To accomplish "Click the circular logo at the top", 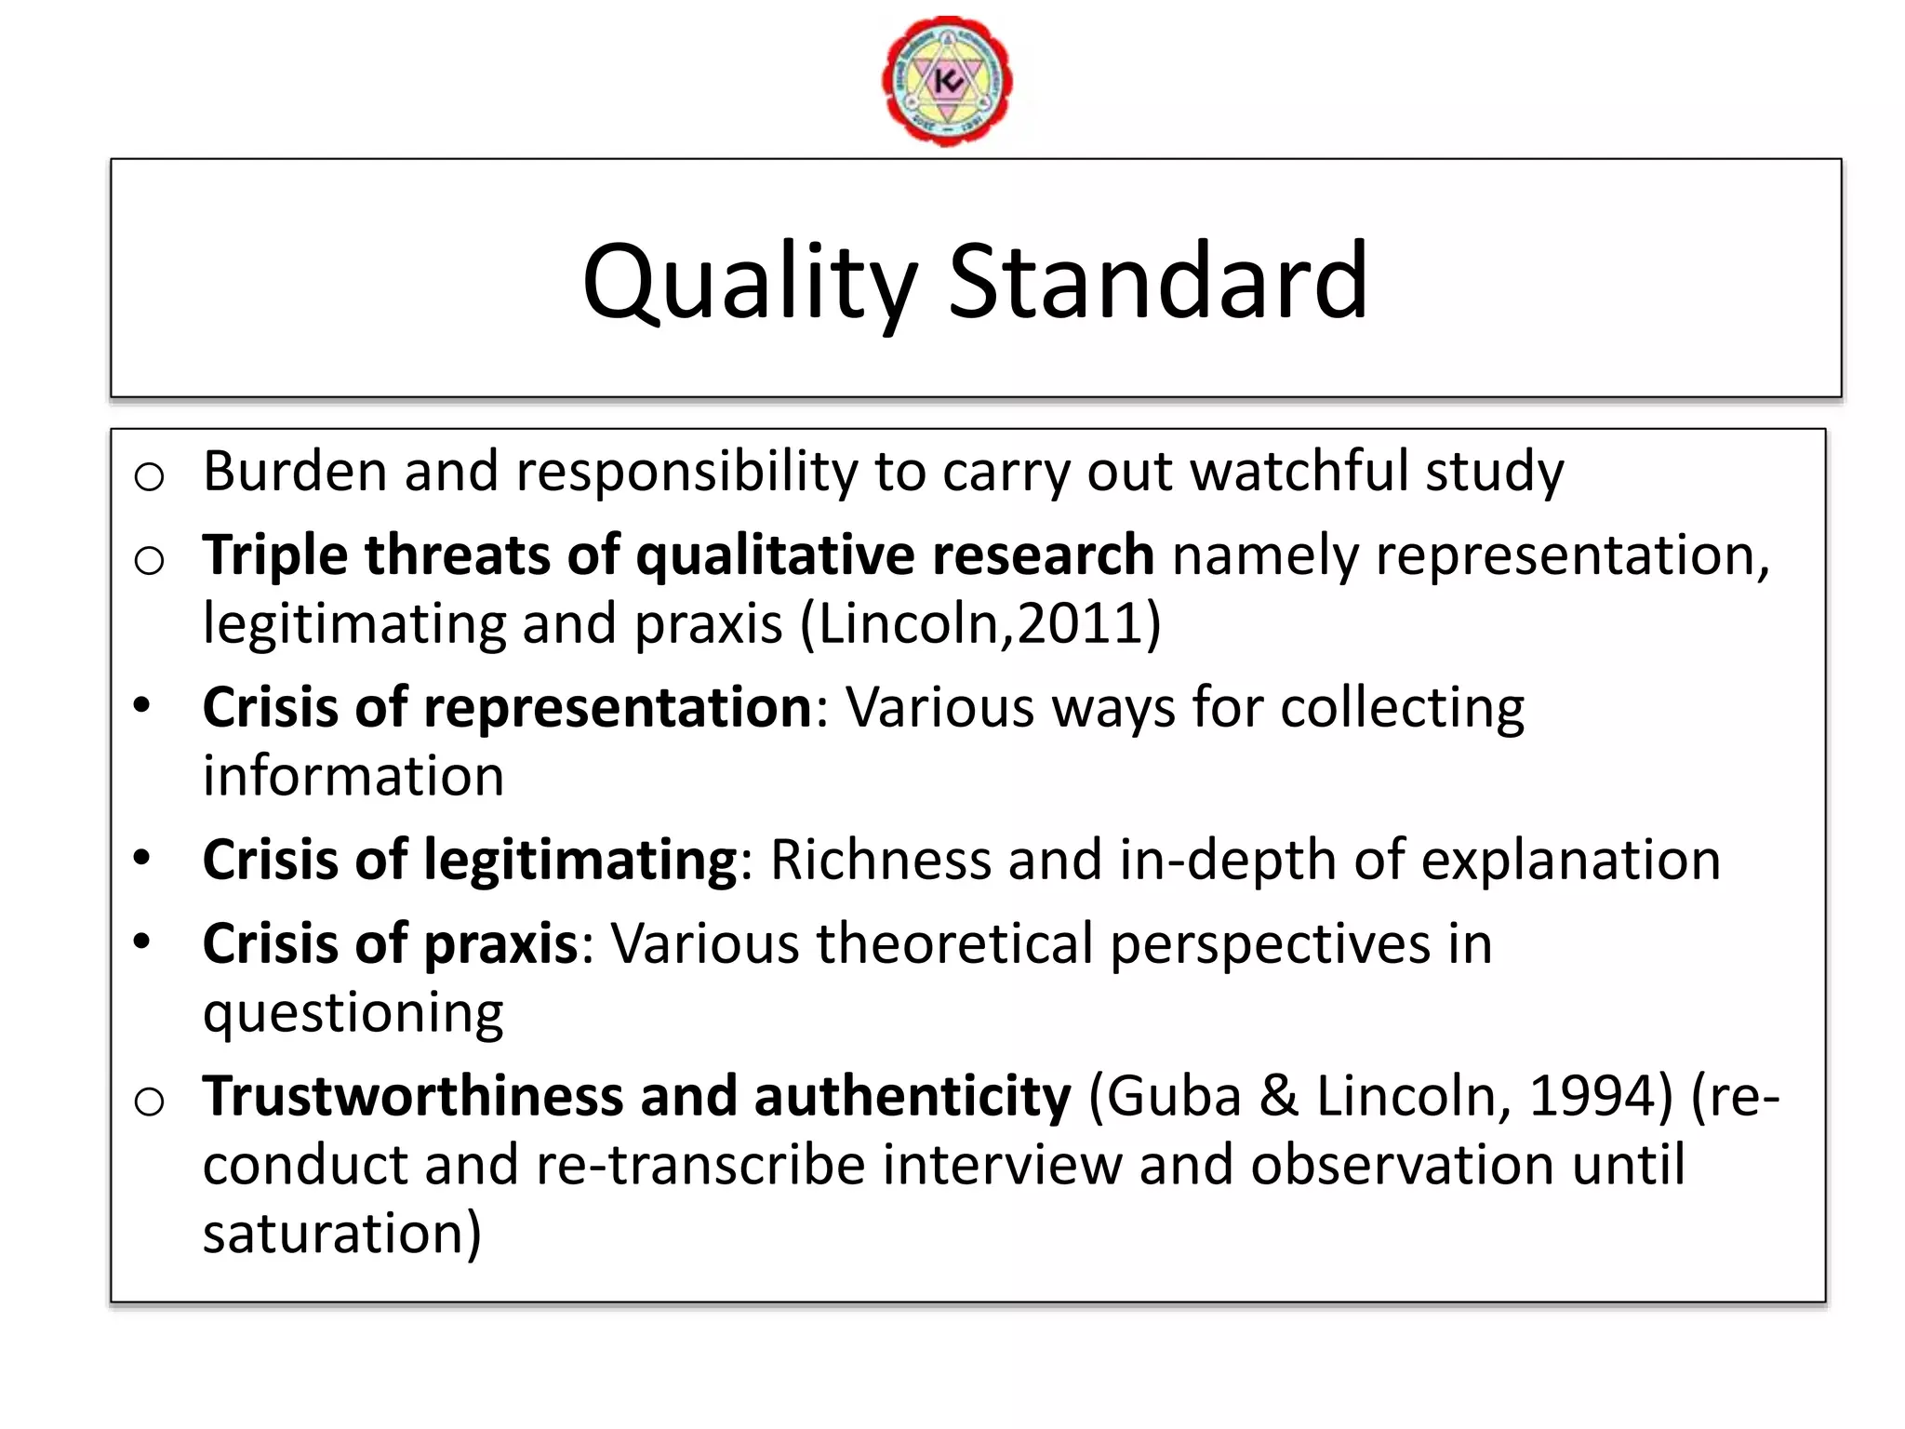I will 947,81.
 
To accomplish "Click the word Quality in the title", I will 749,281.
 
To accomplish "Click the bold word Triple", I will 275,555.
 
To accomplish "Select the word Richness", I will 880,860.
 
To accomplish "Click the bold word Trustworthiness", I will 413,1096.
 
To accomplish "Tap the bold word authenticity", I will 913,1096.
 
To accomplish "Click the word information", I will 353,776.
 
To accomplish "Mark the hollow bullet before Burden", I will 149,476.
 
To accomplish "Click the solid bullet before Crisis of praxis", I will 141,942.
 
